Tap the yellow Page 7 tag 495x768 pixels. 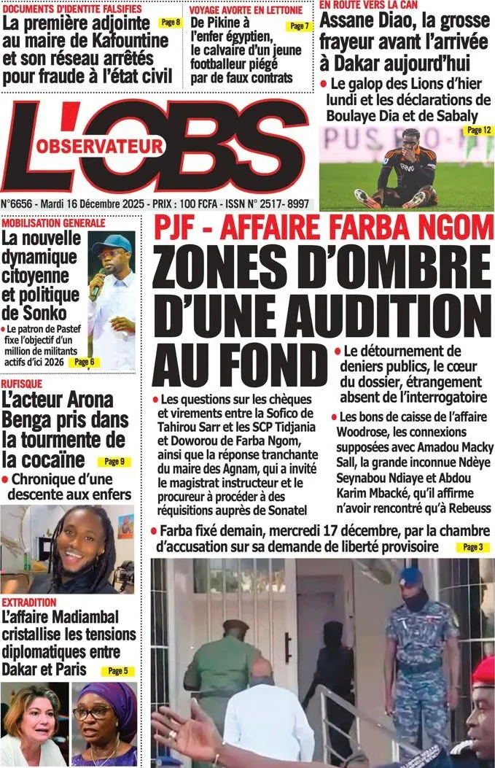(299, 26)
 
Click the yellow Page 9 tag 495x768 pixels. (114, 461)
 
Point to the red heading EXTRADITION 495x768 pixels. (29, 602)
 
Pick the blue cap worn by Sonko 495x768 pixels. (112, 243)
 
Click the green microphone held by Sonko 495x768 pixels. (96, 286)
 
